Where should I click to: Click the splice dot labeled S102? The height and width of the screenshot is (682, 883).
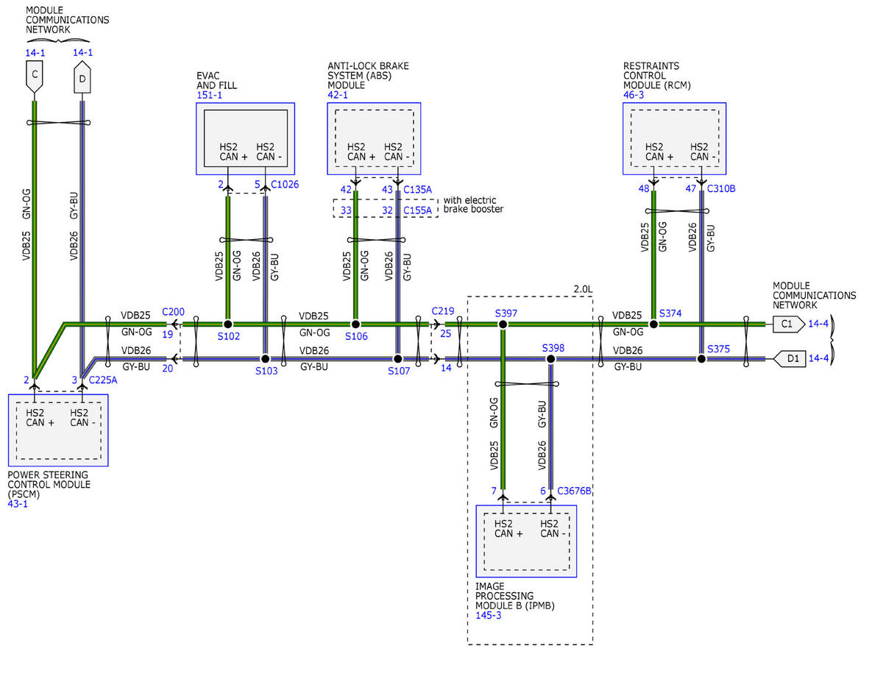[x=228, y=324]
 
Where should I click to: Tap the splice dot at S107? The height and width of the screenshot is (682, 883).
[x=398, y=359]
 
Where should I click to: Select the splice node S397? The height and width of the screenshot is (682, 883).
[x=503, y=324]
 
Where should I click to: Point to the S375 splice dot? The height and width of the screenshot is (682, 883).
[x=701, y=359]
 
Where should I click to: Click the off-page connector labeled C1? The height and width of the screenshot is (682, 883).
[x=788, y=324]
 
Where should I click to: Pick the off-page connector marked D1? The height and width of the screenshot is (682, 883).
[x=789, y=359]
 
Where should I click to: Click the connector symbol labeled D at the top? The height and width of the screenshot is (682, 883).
[x=82, y=77]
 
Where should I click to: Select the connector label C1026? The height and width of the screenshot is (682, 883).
[x=285, y=185]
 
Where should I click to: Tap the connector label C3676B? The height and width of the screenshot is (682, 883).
[x=574, y=491]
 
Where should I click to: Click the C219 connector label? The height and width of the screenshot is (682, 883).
[x=442, y=311]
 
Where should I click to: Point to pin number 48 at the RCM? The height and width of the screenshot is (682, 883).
[x=644, y=188]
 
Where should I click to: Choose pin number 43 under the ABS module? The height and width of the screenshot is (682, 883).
[x=387, y=189]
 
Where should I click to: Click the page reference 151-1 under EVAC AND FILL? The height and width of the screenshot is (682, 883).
[x=209, y=95]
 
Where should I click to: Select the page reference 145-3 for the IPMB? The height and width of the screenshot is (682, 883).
[x=488, y=615]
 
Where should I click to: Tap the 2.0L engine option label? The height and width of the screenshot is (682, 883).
[x=583, y=289]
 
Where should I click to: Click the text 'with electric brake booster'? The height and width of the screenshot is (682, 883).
[x=473, y=205]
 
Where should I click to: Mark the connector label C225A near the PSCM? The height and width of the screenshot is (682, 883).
[x=103, y=380]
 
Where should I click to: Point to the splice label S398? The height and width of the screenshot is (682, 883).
[x=553, y=348]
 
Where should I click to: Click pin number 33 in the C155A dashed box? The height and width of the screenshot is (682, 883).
[x=346, y=210]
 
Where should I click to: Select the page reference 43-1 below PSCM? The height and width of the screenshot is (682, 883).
[x=18, y=504]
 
